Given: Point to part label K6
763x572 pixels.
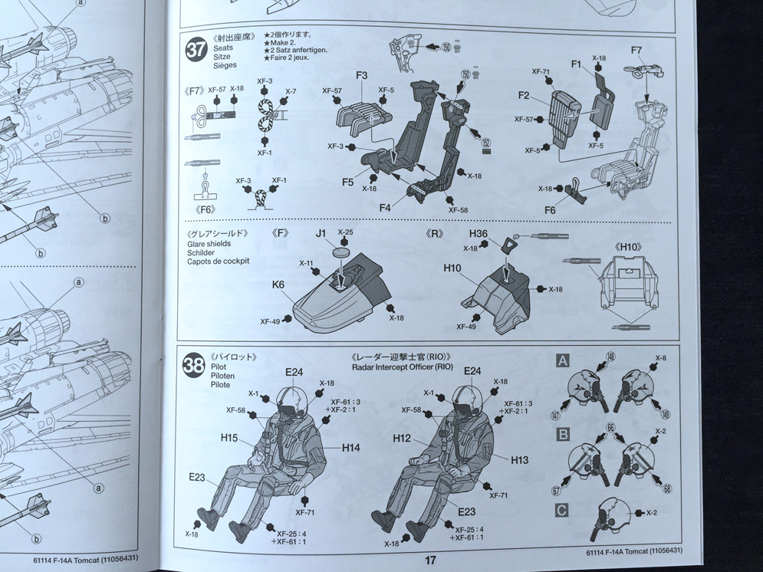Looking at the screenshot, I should (278, 284).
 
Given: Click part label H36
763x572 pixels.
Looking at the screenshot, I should (479, 235).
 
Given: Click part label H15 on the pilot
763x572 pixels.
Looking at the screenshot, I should (229, 438).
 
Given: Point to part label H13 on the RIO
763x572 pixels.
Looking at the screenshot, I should (519, 459).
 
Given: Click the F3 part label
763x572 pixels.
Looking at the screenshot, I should (362, 75).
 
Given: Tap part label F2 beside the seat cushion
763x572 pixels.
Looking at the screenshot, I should (524, 96).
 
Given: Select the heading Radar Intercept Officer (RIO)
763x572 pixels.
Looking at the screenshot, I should (403, 367).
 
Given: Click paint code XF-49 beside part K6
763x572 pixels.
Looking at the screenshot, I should (270, 322).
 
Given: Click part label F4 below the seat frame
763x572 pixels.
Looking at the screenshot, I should (385, 207).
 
